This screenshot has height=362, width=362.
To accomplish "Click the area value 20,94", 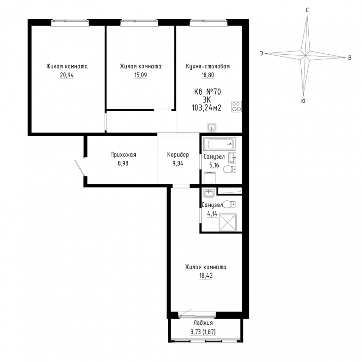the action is click(67, 75).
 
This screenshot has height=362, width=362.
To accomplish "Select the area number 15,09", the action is click(140, 75).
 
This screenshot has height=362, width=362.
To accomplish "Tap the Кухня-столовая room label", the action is click(208, 66).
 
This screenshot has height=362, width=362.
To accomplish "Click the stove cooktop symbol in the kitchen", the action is click(237, 107).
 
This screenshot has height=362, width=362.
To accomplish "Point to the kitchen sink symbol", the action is click(212, 128).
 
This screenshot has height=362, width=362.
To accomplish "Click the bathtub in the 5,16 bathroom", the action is click(220, 144).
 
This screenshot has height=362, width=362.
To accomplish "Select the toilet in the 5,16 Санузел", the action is click(230, 169).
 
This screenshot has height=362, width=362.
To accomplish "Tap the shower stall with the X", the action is click(228, 222).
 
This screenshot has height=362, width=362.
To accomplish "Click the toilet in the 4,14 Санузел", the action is click(229, 204).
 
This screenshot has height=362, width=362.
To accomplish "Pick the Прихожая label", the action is click(123, 155).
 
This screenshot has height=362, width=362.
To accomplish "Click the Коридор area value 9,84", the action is click(178, 164).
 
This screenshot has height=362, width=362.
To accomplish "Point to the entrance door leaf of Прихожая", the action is click(80, 168).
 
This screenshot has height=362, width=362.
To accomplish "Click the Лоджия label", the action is click(203, 323).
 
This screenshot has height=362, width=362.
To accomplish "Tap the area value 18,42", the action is click(206, 276).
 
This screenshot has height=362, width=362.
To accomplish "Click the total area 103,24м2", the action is click(206, 107).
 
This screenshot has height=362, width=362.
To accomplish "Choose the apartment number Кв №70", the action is click(207, 92).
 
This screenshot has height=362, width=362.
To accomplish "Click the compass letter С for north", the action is click(307, 10).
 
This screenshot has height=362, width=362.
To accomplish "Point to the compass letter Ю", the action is click(304, 101).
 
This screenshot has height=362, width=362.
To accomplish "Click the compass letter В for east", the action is click(350, 58).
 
